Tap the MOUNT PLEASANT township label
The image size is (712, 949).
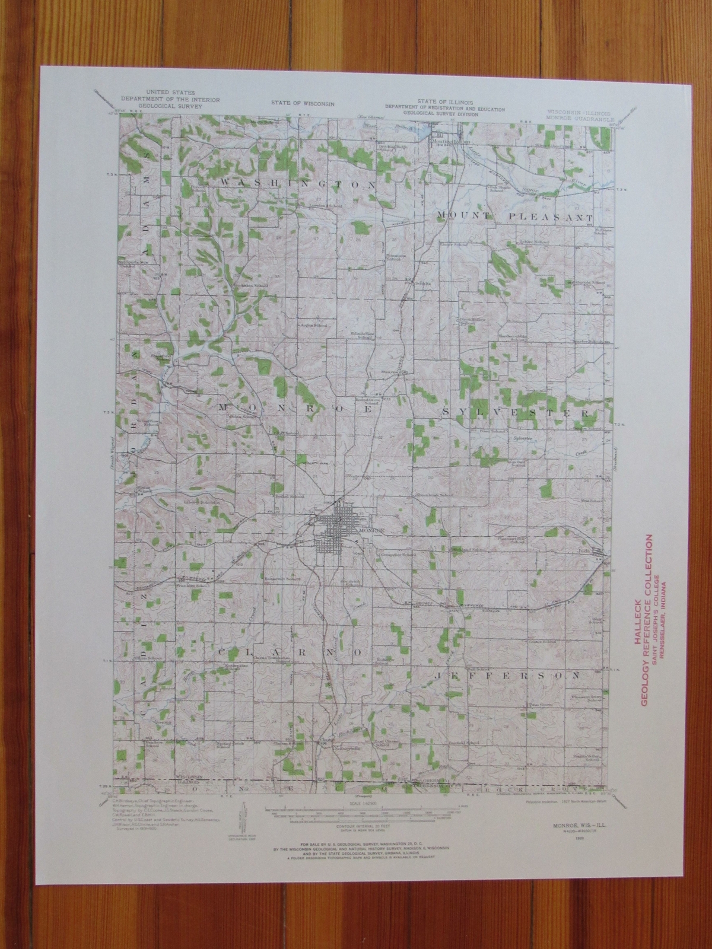(514, 216)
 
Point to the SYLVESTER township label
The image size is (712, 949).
(514, 411)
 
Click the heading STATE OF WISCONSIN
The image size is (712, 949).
(303, 103)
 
